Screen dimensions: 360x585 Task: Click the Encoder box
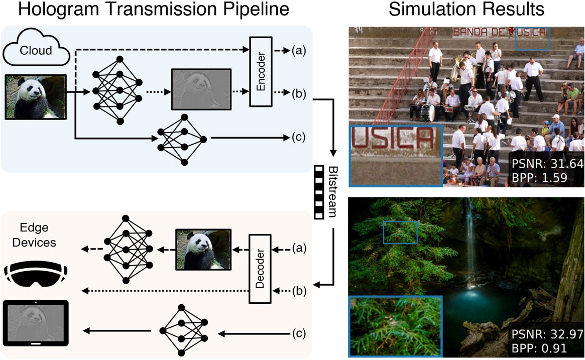[261, 71]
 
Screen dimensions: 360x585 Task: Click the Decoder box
[260, 269]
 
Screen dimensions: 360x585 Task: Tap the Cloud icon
[36, 49]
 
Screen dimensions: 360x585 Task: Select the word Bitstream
[331, 191]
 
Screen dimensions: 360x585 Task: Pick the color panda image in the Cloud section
[36, 97]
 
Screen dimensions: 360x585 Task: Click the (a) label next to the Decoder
[299, 248]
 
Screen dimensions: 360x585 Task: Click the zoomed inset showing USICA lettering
[396, 156]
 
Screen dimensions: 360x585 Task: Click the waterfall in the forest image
[471, 236]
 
